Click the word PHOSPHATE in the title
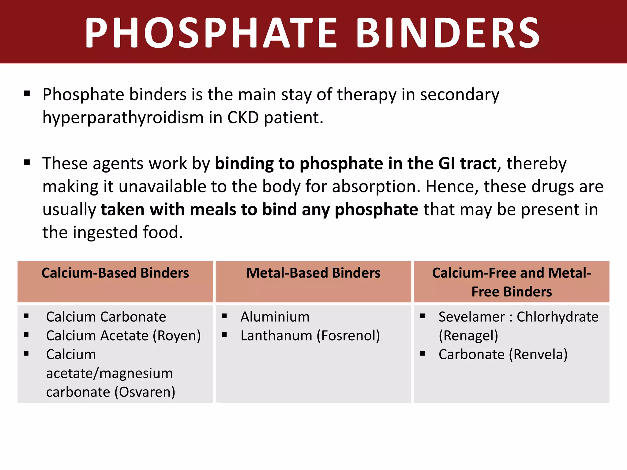click(x=211, y=33)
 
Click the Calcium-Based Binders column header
click(x=115, y=273)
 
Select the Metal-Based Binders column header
click(x=313, y=273)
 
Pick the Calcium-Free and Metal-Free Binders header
click(x=512, y=282)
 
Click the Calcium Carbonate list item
click(x=106, y=317)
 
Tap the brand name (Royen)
click(x=177, y=336)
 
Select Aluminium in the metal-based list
click(x=275, y=317)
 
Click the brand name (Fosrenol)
click(x=348, y=336)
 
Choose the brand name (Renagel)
click(x=468, y=336)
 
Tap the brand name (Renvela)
click(x=538, y=355)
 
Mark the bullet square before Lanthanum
click(x=224, y=335)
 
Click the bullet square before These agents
click(x=27, y=162)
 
